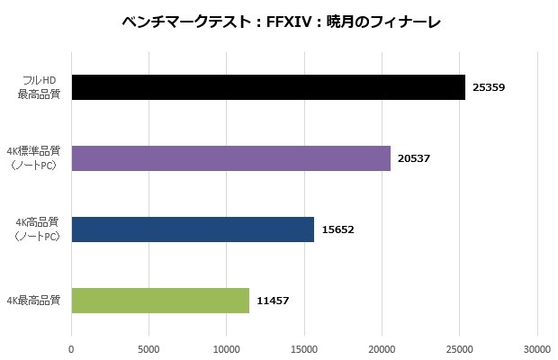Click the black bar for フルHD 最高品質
click(268, 87)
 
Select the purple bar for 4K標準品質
click(230, 158)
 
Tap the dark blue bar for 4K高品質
click(193, 229)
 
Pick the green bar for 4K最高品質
click(160, 301)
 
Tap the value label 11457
click(273, 301)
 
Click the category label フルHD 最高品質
click(40, 87)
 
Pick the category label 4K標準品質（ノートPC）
click(35, 158)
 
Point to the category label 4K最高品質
click(33, 301)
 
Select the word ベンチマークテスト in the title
click(184, 21)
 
